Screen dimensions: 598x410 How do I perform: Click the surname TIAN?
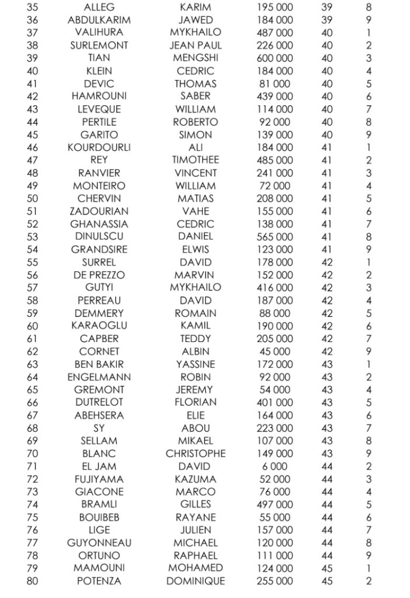pos(99,58)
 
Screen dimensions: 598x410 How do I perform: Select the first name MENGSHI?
pos(196,58)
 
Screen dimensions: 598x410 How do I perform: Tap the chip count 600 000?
pos(275,58)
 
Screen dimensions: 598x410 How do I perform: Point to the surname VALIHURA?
pos(99,33)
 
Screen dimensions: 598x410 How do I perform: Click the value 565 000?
pos(275,237)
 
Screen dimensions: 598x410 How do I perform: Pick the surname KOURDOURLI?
pos(99,147)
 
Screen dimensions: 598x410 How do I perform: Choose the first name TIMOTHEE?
pos(196,160)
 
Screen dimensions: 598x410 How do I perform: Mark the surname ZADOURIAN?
pos(99,211)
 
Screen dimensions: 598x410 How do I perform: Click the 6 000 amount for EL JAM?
pos(275,466)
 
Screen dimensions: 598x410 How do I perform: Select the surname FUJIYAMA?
pos(99,479)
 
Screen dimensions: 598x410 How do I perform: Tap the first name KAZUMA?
pos(196,479)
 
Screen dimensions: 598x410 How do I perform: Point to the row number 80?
pos(33,581)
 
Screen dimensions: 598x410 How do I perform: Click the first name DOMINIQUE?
pos(196,581)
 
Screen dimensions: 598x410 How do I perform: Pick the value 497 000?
pos(275,504)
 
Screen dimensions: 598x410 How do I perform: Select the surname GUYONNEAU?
pos(99,543)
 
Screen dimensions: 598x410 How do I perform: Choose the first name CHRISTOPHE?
pos(196,454)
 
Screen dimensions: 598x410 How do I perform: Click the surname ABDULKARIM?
pos(99,20)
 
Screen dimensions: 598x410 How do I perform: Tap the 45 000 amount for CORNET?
pos(275,351)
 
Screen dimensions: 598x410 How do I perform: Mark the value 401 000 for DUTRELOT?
pos(275,402)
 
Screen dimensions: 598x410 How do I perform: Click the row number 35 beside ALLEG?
pos(33,8)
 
